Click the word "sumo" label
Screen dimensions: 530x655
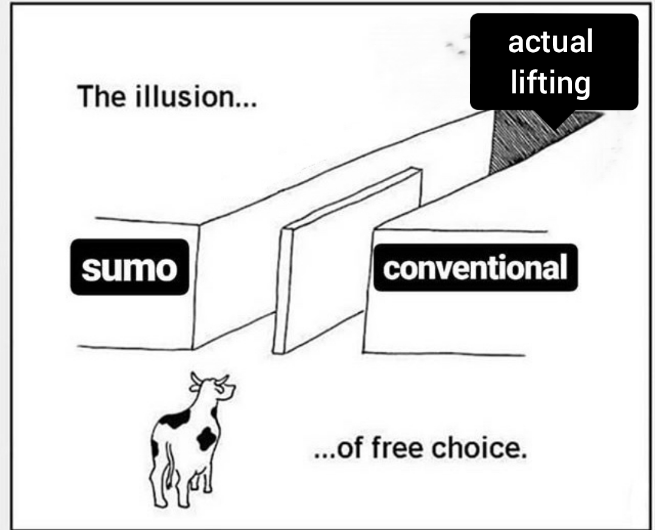coord(129,267)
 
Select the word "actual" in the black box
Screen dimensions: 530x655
coord(550,42)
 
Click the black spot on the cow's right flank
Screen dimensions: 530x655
coord(207,437)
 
